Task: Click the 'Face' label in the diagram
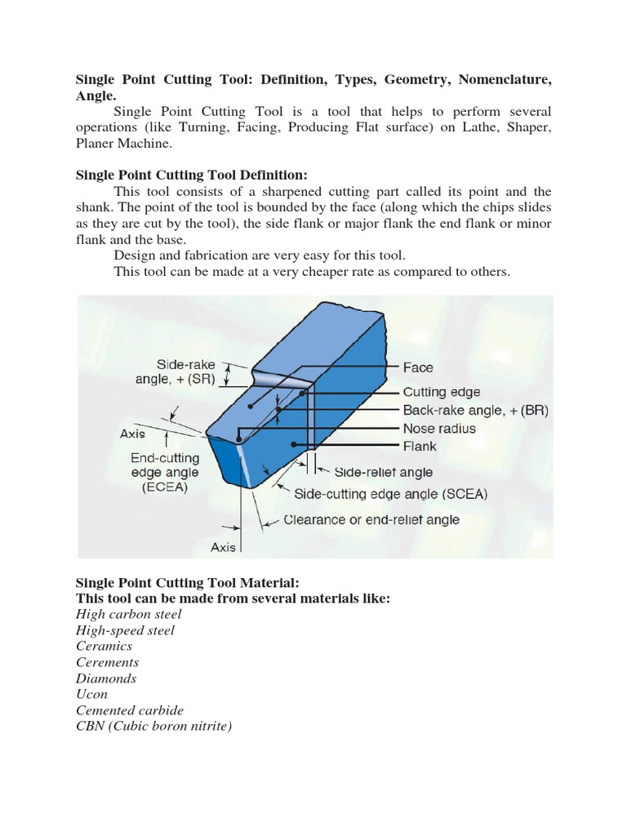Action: point(418,368)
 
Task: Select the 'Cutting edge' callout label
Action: point(442,392)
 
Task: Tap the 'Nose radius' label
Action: point(439,429)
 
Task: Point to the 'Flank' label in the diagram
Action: point(420,447)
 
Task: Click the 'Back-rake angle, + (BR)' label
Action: point(475,411)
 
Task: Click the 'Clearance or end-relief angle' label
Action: point(371,519)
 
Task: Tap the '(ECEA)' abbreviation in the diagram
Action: point(164,487)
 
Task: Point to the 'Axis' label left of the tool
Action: point(133,434)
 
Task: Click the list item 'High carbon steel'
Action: point(129,614)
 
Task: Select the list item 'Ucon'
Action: point(91,694)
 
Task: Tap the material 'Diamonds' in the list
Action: point(106,678)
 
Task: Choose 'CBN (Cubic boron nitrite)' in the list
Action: point(154,726)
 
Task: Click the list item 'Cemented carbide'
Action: point(130,710)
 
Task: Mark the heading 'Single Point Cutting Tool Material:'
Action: point(188,583)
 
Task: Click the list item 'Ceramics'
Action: point(104,646)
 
